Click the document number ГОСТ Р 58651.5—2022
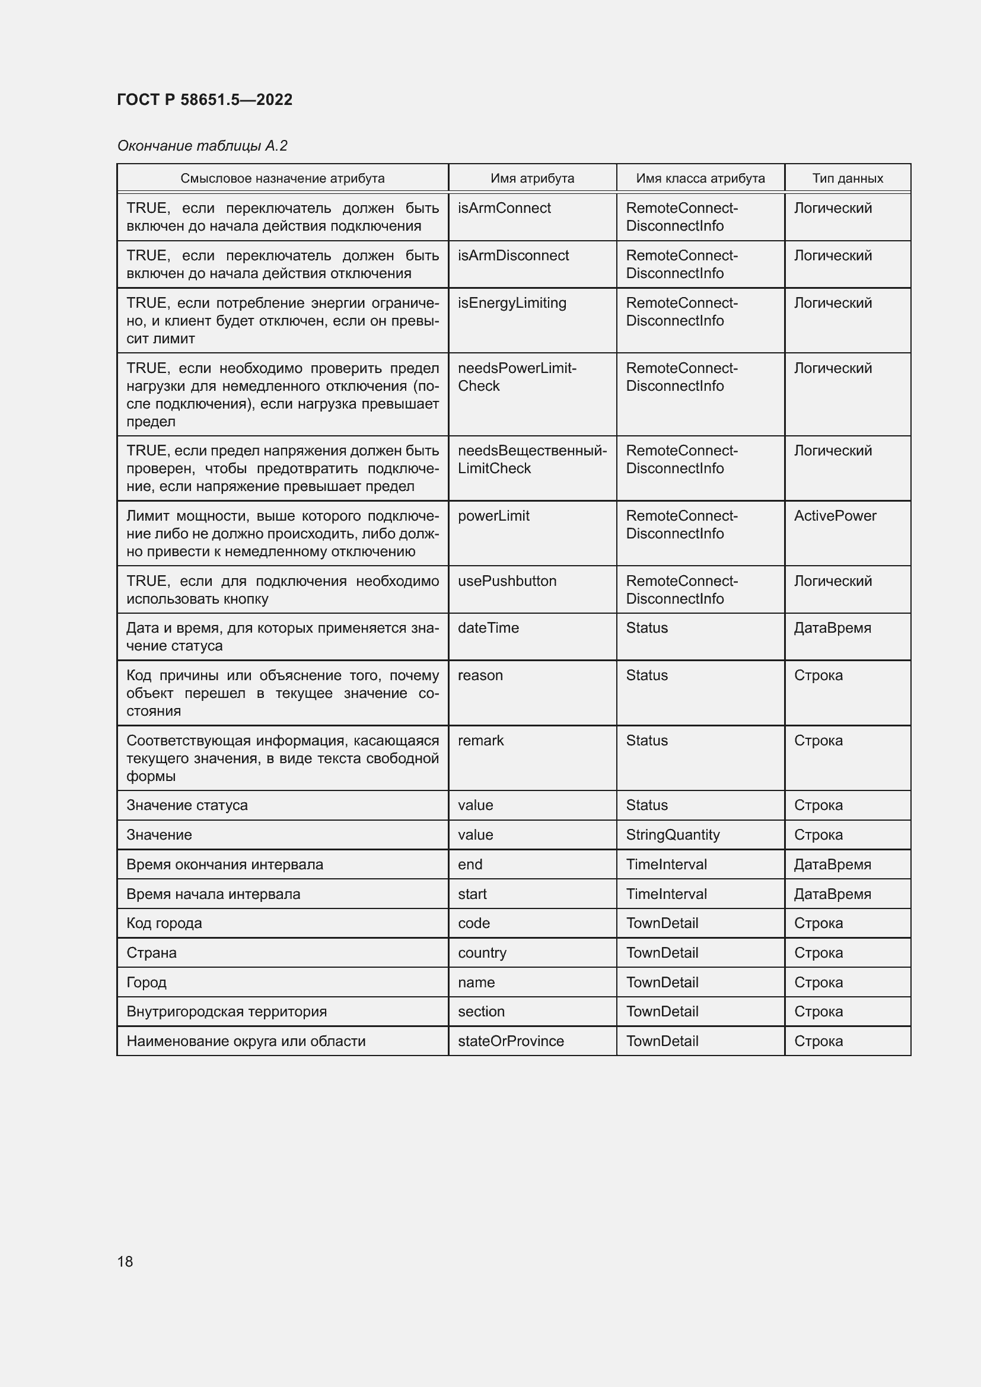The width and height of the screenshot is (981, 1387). click(204, 100)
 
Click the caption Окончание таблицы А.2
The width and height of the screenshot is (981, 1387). click(202, 146)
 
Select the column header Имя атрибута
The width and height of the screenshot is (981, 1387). click(531, 178)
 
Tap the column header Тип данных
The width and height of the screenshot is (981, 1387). click(847, 178)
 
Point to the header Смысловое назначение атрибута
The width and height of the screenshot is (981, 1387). click(282, 178)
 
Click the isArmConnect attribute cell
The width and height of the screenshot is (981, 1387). click(504, 208)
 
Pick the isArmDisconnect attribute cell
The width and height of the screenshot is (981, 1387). click(513, 256)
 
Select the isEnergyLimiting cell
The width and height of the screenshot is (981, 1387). click(512, 303)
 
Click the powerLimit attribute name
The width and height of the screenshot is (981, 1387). click(493, 516)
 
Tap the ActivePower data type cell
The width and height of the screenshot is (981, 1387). click(835, 516)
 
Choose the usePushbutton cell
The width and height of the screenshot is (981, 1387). click(507, 581)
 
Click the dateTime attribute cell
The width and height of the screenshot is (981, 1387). click(488, 628)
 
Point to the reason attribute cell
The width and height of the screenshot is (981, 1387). click(480, 675)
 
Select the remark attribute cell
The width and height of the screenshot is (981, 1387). click(480, 741)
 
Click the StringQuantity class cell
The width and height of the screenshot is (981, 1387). click(673, 835)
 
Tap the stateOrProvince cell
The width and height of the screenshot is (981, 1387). click(511, 1041)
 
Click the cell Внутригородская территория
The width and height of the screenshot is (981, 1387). click(227, 1011)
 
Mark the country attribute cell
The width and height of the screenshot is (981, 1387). click(482, 953)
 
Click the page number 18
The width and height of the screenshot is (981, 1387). click(125, 1261)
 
